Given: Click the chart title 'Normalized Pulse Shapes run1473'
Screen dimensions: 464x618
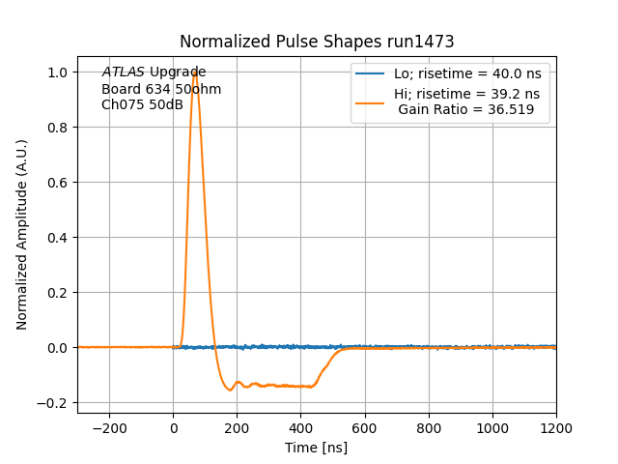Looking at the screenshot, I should [317, 42].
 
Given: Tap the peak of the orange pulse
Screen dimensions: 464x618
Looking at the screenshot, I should [195, 72].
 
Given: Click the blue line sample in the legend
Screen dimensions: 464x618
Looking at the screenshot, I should [371, 73].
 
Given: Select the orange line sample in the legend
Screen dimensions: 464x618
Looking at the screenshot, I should [371, 94].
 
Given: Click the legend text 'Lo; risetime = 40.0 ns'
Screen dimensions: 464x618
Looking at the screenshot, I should [466, 73].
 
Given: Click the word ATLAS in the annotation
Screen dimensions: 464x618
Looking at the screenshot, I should [124, 72].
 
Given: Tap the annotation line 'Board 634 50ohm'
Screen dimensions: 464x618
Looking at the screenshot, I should [161, 89].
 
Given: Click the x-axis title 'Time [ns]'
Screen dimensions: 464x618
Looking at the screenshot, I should [316, 448].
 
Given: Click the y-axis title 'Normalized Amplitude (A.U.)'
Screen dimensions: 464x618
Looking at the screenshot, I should [22, 235].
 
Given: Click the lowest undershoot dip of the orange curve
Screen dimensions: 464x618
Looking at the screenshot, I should [230, 390].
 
